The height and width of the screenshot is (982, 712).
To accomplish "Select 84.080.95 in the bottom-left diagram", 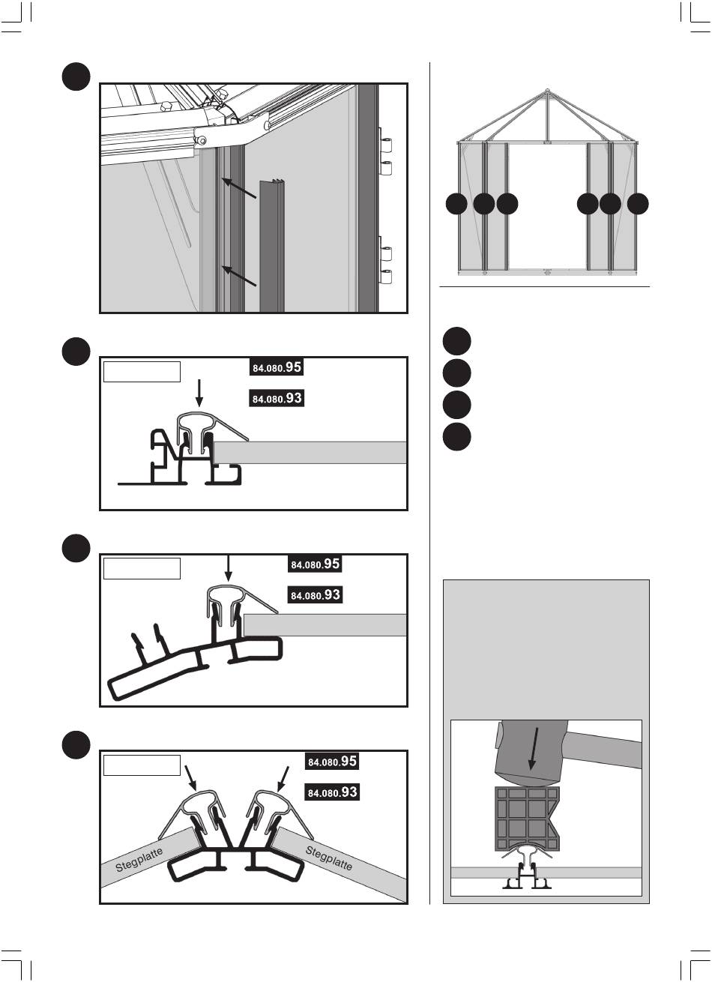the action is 332,762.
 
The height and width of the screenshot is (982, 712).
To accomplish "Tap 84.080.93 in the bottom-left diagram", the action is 332,792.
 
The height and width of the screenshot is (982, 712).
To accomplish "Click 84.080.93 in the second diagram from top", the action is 277,398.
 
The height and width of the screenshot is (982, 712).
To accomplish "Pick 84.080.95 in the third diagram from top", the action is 316,564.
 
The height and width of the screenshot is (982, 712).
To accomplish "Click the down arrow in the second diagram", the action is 199,394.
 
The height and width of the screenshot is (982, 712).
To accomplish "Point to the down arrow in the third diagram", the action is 228,568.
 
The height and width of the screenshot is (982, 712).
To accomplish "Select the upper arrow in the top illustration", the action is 239,188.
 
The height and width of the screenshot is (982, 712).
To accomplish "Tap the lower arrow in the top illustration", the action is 239,276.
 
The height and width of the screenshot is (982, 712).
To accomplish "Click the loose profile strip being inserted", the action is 272,246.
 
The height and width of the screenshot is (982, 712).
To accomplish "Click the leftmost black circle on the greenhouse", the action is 456,204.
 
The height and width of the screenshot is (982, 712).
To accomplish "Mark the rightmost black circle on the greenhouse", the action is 638,204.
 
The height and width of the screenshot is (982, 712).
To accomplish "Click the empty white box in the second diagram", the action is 142,372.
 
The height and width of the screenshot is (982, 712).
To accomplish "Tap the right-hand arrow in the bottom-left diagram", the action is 283,779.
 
